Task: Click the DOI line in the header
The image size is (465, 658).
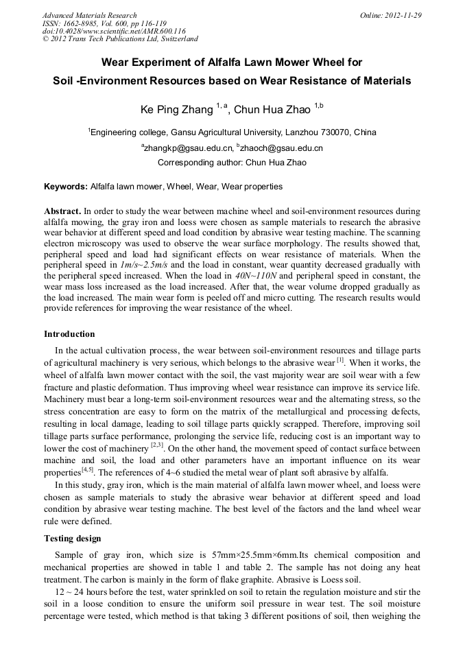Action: tap(114, 32)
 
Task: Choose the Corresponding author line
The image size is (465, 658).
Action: tap(232, 163)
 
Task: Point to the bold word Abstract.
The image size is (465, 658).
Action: tap(62, 211)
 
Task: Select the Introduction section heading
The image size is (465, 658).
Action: tap(69, 334)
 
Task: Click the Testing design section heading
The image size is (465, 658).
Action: tap(72, 539)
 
